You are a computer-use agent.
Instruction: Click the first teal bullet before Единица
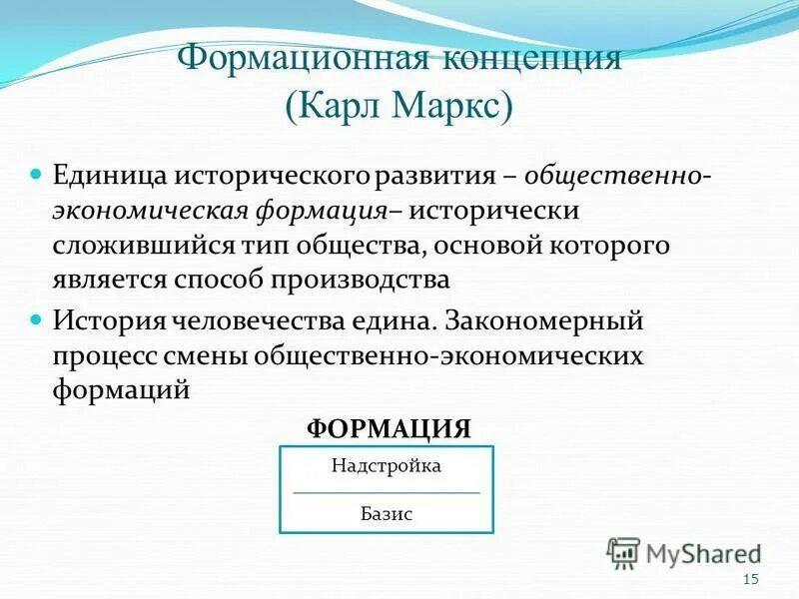click(37, 174)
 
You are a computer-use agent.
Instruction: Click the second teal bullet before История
click(37, 319)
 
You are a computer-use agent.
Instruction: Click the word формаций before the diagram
click(121, 390)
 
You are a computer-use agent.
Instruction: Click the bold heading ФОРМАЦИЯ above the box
click(388, 429)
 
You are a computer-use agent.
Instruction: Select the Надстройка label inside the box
click(386, 466)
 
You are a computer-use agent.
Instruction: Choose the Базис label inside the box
click(386, 515)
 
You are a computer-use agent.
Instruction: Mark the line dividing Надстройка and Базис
click(386, 492)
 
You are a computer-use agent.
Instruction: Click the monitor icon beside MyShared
click(622, 551)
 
